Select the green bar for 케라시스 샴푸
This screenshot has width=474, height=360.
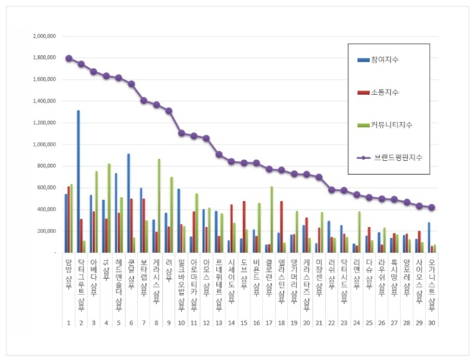point(159,206)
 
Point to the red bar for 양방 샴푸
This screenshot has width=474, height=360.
point(69,219)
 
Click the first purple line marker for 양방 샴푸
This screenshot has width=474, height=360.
point(68,58)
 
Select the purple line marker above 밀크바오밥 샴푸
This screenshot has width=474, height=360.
point(181,133)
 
